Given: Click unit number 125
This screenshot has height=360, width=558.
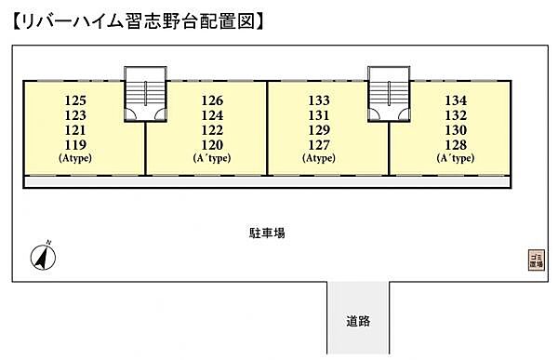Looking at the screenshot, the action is coord(75,100).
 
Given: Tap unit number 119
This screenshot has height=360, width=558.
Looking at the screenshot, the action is coord(75,145).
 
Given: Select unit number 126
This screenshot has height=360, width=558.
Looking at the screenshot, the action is coord(212,100).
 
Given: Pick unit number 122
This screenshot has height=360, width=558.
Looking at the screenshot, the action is coord(212,130).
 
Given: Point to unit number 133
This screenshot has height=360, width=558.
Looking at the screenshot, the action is coord(319,100).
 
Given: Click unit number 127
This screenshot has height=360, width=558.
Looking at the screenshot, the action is coord(319,145).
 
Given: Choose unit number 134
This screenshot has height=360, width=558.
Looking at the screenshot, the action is coord(456,100).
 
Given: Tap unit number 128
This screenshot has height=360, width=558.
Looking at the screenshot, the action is coord(456,145).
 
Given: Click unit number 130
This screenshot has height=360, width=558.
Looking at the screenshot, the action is coord(456,130).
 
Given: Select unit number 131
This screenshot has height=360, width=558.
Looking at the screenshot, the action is coord(319,115).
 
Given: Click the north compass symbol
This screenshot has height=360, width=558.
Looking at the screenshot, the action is coord(42,254).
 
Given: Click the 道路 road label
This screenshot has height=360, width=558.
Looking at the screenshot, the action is coord(358,322).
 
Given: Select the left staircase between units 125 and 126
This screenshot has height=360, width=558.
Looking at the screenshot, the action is coord(144,93).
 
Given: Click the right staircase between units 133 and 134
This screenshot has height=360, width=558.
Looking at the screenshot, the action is coord(388,93).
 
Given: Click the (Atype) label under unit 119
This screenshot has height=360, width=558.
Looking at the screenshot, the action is coord(75,158).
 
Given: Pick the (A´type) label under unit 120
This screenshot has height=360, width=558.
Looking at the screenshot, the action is coord(212,158).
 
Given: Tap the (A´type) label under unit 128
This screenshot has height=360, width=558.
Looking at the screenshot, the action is coord(456,158).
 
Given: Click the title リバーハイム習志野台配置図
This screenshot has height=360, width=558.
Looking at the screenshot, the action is coord(139,19).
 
